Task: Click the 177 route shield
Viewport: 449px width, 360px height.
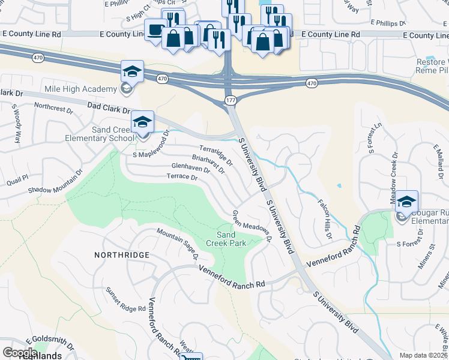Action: click(231, 100)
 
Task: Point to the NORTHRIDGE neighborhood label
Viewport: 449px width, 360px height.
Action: click(121, 255)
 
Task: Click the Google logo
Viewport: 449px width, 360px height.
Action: click(20, 352)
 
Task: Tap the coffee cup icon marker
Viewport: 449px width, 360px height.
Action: click(155, 30)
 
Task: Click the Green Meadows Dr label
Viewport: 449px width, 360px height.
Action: click(252, 226)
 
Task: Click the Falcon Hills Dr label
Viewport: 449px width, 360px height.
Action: click(324, 219)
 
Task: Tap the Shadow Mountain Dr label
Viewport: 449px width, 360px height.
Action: click(55, 185)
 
